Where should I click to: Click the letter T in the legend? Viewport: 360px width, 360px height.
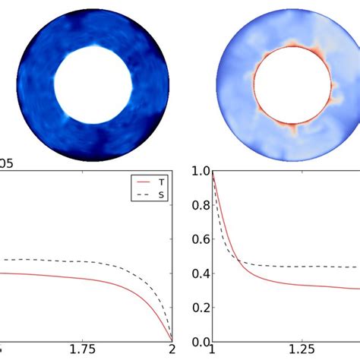160,183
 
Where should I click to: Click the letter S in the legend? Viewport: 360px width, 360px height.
160,195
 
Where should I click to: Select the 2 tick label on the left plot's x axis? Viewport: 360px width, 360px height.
172,350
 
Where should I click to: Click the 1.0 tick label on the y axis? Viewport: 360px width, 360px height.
199,172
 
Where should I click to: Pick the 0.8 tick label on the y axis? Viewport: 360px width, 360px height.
199,207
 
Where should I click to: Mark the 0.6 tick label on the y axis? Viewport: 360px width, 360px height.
199,241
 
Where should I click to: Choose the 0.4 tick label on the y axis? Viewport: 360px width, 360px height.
199,274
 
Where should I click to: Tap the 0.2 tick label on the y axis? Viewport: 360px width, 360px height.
199,308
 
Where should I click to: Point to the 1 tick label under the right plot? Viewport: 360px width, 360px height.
213,350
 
